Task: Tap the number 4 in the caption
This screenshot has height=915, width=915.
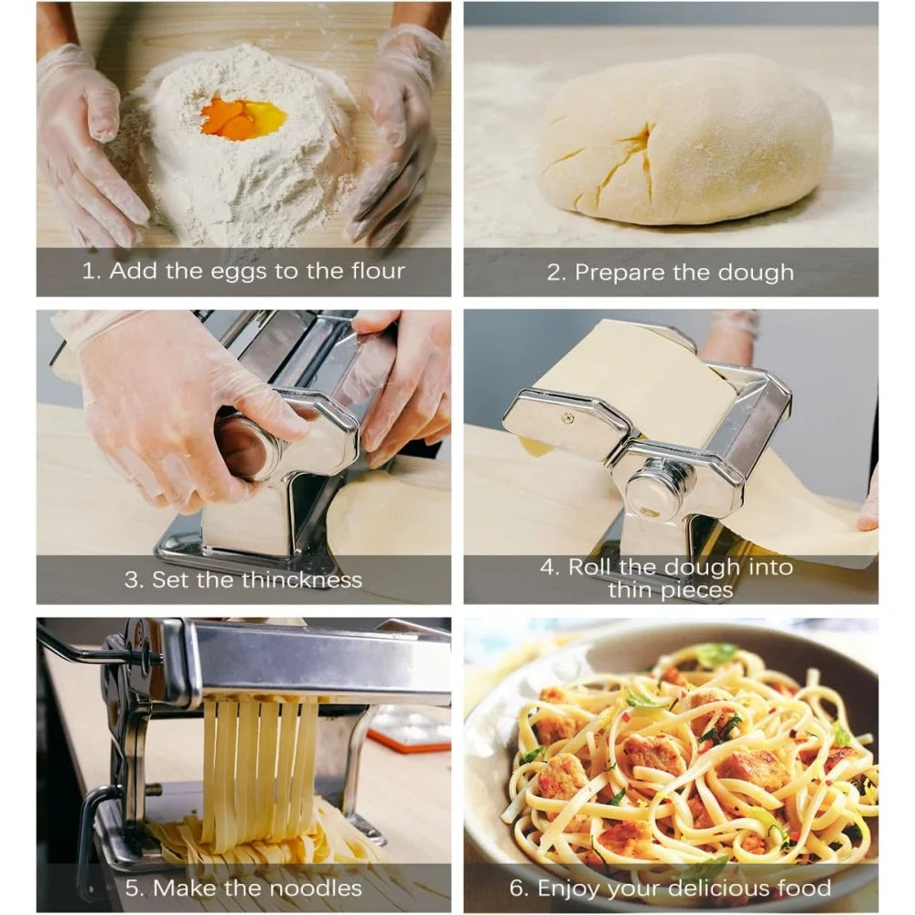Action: click(547, 567)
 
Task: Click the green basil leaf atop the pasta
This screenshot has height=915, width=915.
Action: click(715, 654)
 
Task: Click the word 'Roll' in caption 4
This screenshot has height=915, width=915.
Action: click(588, 567)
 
